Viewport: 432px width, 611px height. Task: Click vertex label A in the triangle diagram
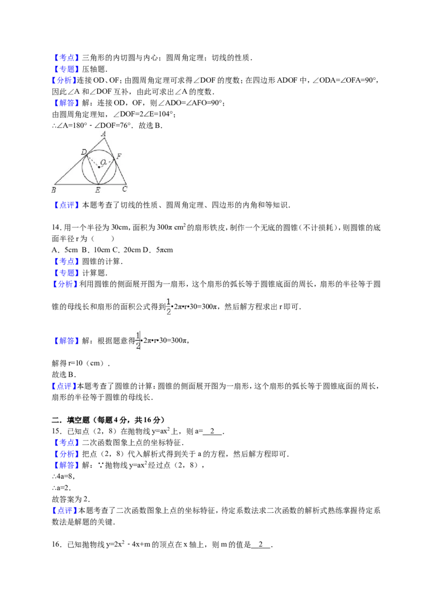coord(103,134)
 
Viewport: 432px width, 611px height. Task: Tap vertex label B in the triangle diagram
coord(54,190)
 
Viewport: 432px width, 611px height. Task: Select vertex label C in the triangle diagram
coord(124,189)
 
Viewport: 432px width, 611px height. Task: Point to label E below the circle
coord(98,190)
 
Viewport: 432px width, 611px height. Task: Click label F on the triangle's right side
coord(119,156)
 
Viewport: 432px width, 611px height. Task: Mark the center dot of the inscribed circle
coord(99,167)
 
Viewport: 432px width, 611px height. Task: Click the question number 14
coord(56,228)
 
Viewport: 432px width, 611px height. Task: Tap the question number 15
coord(56,431)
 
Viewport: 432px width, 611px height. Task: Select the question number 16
coord(56,545)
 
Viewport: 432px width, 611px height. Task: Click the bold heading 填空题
coord(78,420)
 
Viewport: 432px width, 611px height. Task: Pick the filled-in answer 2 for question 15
coord(212,431)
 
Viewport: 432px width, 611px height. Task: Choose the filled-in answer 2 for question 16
coord(260,545)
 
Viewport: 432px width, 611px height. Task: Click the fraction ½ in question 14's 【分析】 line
coord(169,306)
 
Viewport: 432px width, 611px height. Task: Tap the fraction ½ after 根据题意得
coord(138,340)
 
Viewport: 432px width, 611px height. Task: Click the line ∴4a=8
coord(63,477)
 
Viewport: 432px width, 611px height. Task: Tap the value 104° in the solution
coord(166,114)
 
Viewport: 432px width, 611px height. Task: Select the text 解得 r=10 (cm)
coord(80,363)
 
